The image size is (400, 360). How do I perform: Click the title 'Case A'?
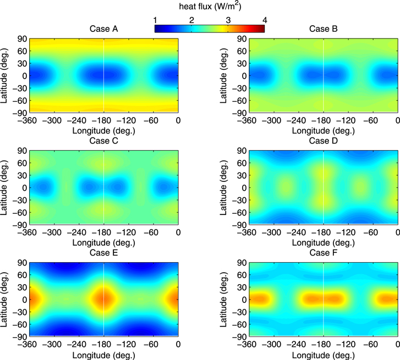[103, 30]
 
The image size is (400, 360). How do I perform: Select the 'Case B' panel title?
[324, 30]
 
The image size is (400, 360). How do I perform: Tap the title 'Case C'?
[103, 141]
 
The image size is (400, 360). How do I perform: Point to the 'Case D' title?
[324, 141]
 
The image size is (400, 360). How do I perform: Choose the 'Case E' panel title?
[103, 252]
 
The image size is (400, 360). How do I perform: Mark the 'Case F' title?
[324, 252]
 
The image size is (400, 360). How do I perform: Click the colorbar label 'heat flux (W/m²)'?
[210, 7]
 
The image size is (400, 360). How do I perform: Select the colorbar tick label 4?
[265, 20]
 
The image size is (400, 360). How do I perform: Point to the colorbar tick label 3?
[228, 20]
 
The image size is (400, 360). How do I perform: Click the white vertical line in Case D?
[324, 187]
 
